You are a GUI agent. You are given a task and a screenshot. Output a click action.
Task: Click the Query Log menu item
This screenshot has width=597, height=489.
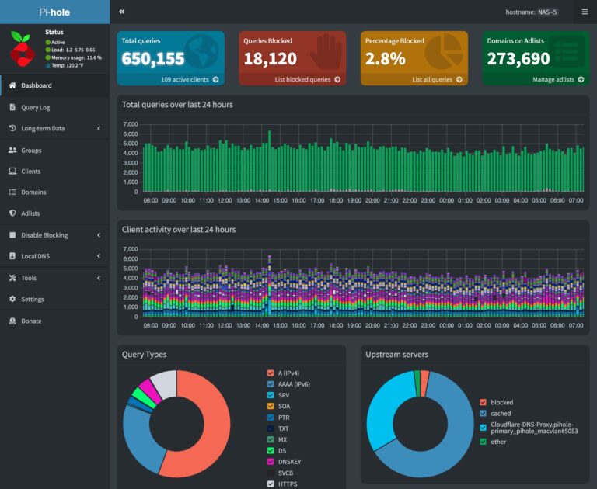35,107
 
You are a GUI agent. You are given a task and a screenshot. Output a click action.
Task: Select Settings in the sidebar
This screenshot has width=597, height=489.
32,299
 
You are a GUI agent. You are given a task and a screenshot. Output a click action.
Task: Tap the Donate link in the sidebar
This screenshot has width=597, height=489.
31,321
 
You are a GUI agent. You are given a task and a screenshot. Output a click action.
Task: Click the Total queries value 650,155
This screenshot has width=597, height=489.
153,59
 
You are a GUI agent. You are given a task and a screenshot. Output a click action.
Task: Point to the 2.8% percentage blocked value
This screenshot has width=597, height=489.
386,59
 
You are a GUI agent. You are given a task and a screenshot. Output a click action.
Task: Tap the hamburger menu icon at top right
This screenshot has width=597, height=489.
585,12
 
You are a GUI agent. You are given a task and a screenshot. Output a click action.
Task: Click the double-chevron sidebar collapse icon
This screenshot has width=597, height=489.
122,12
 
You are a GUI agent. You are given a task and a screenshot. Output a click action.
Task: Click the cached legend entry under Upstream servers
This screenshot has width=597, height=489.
501,414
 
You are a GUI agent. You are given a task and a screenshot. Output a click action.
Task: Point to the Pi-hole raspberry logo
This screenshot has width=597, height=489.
23,49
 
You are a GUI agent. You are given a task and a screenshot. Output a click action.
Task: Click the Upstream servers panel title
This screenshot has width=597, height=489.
396,355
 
